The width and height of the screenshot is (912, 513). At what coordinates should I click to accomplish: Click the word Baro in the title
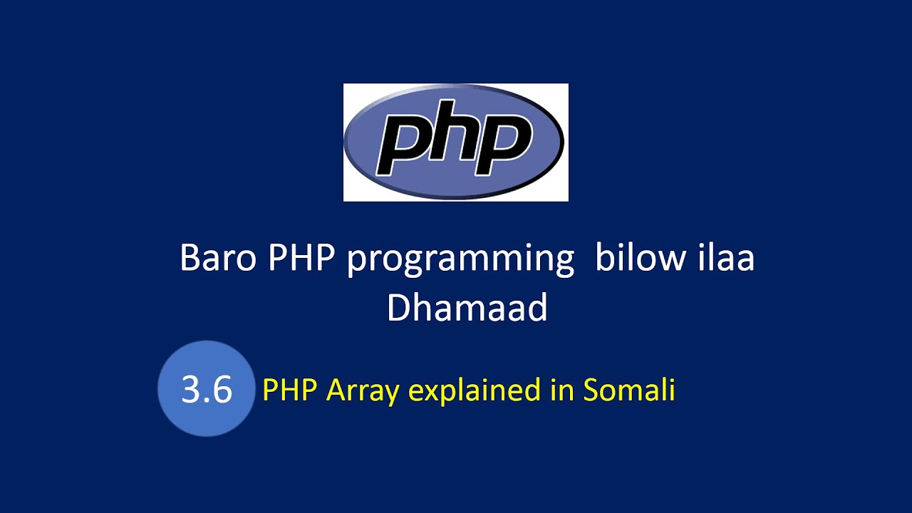pyautogui.click(x=218, y=258)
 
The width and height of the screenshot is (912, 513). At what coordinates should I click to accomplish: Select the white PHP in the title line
pyautogui.click(x=301, y=258)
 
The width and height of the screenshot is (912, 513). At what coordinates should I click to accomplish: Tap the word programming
pyautogui.click(x=460, y=261)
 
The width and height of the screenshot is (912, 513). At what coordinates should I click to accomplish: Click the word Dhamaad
pyautogui.click(x=467, y=307)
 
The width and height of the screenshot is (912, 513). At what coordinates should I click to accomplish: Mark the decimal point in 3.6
pyautogui.click(x=206, y=400)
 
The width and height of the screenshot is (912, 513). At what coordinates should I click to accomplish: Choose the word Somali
pyautogui.click(x=629, y=389)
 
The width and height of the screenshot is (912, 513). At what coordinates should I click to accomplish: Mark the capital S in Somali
pyautogui.click(x=591, y=390)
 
